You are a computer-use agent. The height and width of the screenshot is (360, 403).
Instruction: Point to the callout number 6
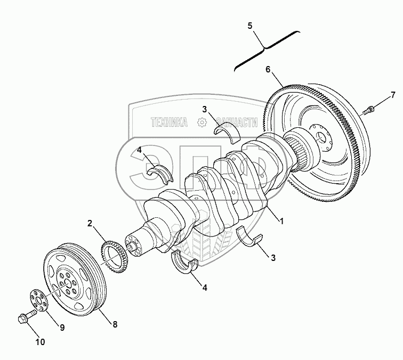click(268, 69)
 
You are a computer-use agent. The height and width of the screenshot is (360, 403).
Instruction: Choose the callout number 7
click(393, 95)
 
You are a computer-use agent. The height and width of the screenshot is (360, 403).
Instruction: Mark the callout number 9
click(61, 328)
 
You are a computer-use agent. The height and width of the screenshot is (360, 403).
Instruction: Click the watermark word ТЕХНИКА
click(169, 122)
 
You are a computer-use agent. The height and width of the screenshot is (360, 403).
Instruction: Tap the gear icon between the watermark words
click(201, 122)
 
